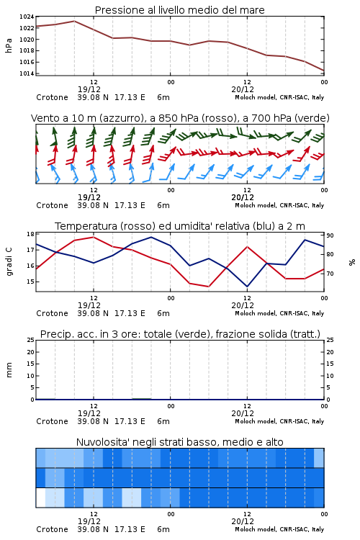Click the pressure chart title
pyautogui.click(x=179, y=10)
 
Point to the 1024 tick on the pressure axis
pyautogui.click(x=27, y=17)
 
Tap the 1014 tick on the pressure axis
pyautogui.click(x=27, y=73)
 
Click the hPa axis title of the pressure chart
pyautogui.click(x=9, y=45)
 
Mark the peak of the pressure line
pyautogui.click(x=74, y=21)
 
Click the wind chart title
pyautogui.click(x=180, y=118)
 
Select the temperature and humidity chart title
pyautogui.click(x=180, y=226)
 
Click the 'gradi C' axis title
pyautogui.click(x=9, y=262)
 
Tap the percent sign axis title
pyautogui.click(x=352, y=262)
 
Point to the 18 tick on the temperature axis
pyautogui.click(x=30, y=234)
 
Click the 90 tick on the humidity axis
pyautogui.click(x=330, y=235)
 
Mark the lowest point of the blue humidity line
pyautogui.click(x=247, y=287)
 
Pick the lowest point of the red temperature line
pyautogui.click(x=208, y=287)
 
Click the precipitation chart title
pyautogui.click(x=180, y=334)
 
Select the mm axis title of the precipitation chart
pyautogui.click(x=9, y=370)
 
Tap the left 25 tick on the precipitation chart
pyautogui.click(x=30, y=340)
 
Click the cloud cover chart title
pyautogui.click(x=180, y=442)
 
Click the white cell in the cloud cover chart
pyautogui.click(x=40, y=498)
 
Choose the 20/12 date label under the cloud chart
pyautogui.click(x=243, y=521)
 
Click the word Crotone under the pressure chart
pyautogui.click(x=52, y=97)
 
